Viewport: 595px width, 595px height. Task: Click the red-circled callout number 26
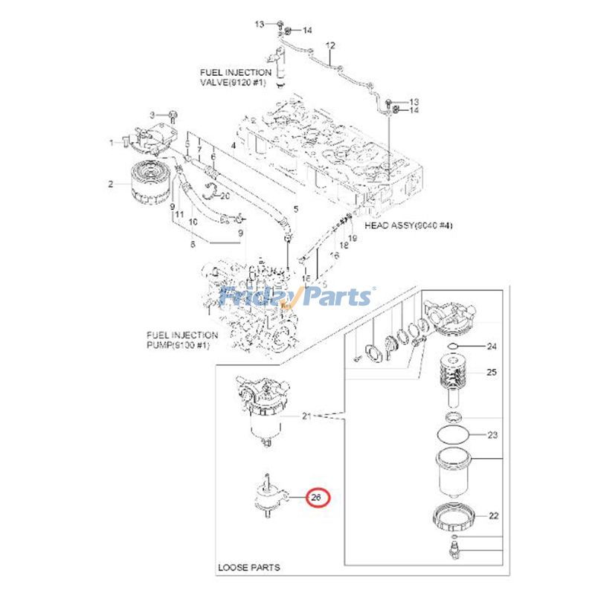coord(317,497)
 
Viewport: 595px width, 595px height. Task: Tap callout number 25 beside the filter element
coord(492,372)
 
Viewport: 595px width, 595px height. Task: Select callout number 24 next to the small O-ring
coord(492,347)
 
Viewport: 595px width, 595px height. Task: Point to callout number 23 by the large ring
coord(492,435)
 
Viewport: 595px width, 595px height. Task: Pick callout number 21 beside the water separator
coord(307,416)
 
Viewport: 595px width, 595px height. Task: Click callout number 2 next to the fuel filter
coord(110,184)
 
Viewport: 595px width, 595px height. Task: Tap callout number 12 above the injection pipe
coord(331,45)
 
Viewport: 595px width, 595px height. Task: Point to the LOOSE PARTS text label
coord(249,567)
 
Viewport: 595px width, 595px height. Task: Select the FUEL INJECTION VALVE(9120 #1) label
coord(236,78)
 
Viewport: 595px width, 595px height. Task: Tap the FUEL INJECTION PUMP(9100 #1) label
coord(182,341)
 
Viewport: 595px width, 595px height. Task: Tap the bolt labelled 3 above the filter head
coord(173,115)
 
